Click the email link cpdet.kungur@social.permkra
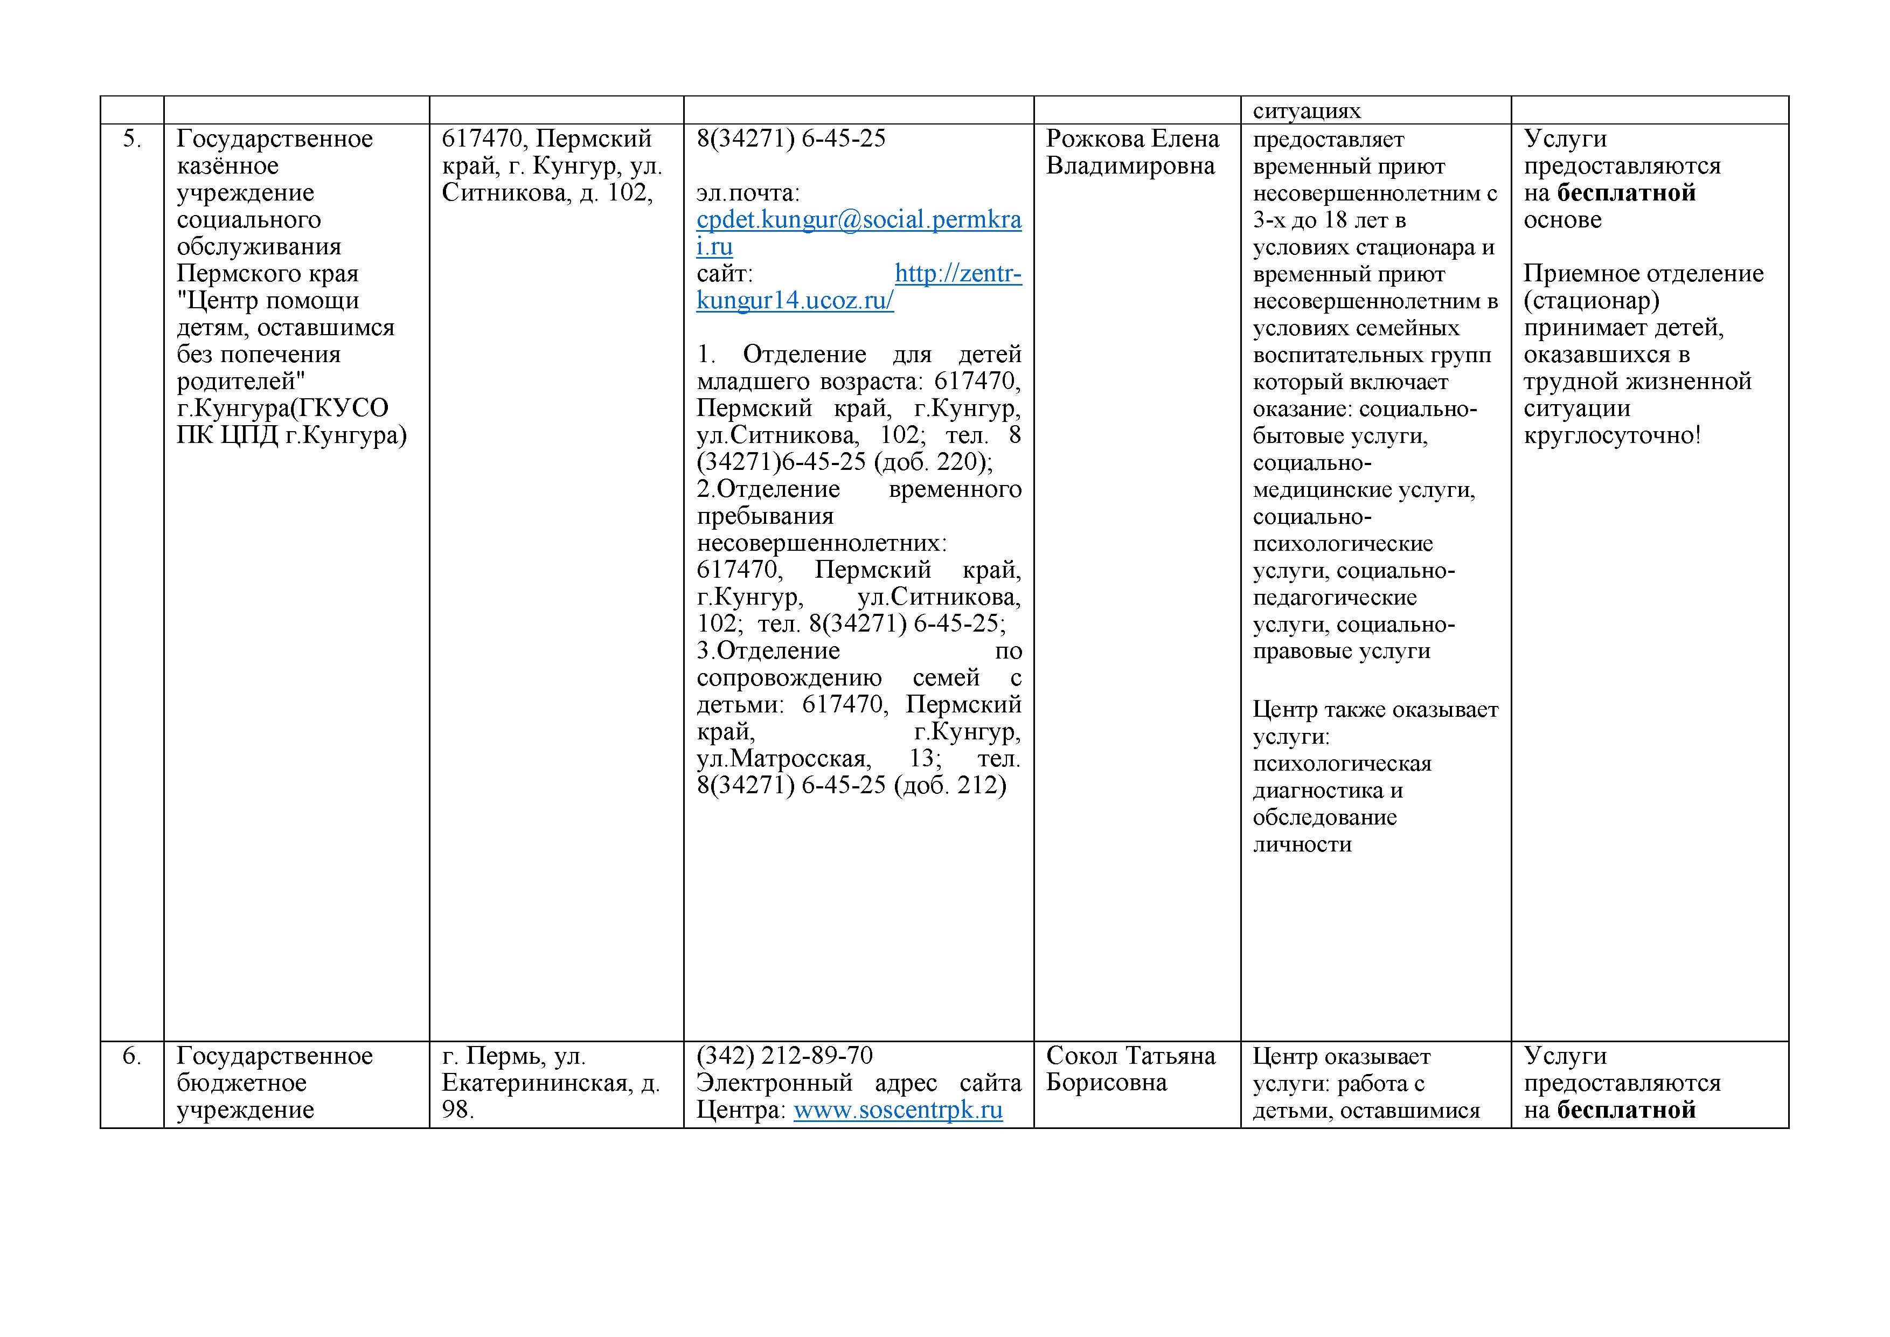coord(859,220)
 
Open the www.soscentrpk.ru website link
coord(897,1110)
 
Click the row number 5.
coord(131,138)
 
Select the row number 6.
coord(131,1056)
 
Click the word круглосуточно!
coord(1611,435)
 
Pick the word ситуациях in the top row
coord(1307,110)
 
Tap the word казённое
coord(227,165)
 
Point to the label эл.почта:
coord(747,192)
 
